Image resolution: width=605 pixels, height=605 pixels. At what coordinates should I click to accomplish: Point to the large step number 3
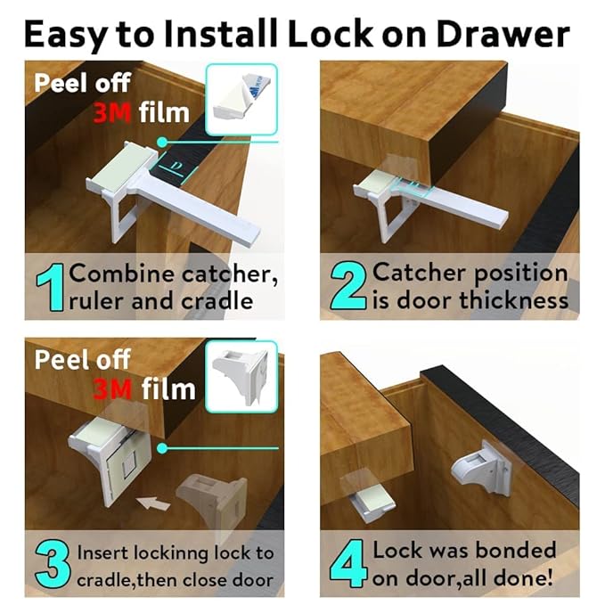(50, 565)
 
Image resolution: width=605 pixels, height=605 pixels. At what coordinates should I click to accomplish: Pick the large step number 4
(346, 564)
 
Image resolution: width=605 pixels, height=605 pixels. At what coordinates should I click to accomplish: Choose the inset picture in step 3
(241, 378)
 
